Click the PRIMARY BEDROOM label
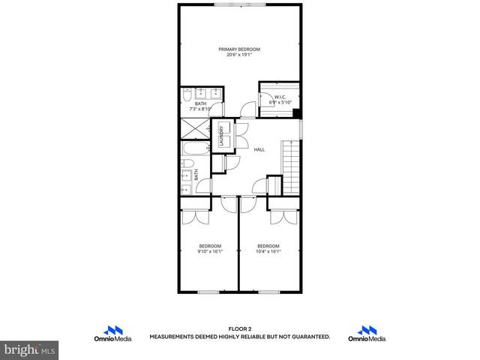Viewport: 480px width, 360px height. (239, 49)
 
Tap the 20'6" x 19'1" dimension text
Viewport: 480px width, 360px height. (239, 55)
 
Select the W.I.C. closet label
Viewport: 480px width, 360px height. (280, 97)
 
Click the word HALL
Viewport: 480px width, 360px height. (259, 149)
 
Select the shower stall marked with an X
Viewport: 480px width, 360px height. (193, 130)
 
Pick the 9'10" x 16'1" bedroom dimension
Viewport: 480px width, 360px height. (210, 252)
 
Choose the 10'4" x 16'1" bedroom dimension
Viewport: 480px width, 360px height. (268, 252)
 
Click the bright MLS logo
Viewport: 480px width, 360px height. (29, 349)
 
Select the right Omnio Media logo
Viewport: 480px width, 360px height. (367, 334)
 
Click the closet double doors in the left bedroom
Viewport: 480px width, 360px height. (196, 216)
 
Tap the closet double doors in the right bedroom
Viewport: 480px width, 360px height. (283, 216)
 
